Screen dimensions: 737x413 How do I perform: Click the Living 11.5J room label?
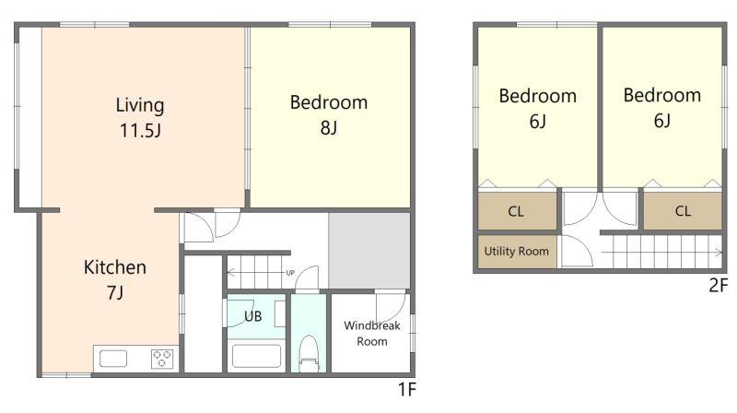pyautogui.click(x=140, y=118)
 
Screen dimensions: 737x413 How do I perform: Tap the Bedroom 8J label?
pyautogui.click(x=329, y=115)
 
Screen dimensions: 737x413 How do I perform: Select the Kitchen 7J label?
pyautogui.click(x=114, y=279)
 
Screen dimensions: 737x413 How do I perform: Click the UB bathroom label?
pyautogui.click(x=252, y=316)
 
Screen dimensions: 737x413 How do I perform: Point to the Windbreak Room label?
pyautogui.click(x=372, y=333)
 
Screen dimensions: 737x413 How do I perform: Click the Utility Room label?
pyautogui.click(x=517, y=251)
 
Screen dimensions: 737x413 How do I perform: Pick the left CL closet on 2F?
pyautogui.click(x=516, y=211)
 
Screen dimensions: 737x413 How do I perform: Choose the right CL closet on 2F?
pyautogui.click(x=683, y=211)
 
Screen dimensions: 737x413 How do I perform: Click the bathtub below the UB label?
pyautogui.click(x=256, y=356)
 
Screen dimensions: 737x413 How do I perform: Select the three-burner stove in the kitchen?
pyautogui.click(x=162, y=359)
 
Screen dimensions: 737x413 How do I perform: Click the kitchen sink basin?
pyautogui.click(x=112, y=359)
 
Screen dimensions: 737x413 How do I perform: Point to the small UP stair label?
pyautogui.click(x=290, y=273)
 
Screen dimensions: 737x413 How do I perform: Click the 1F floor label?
pyautogui.click(x=407, y=389)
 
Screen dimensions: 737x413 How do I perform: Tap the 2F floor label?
pyautogui.click(x=718, y=285)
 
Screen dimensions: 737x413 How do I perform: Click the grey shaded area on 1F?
pyautogui.click(x=369, y=250)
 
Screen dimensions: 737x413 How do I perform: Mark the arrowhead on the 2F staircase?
pyautogui.click(x=719, y=253)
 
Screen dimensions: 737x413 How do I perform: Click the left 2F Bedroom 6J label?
pyautogui.click(x=538, y=108)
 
